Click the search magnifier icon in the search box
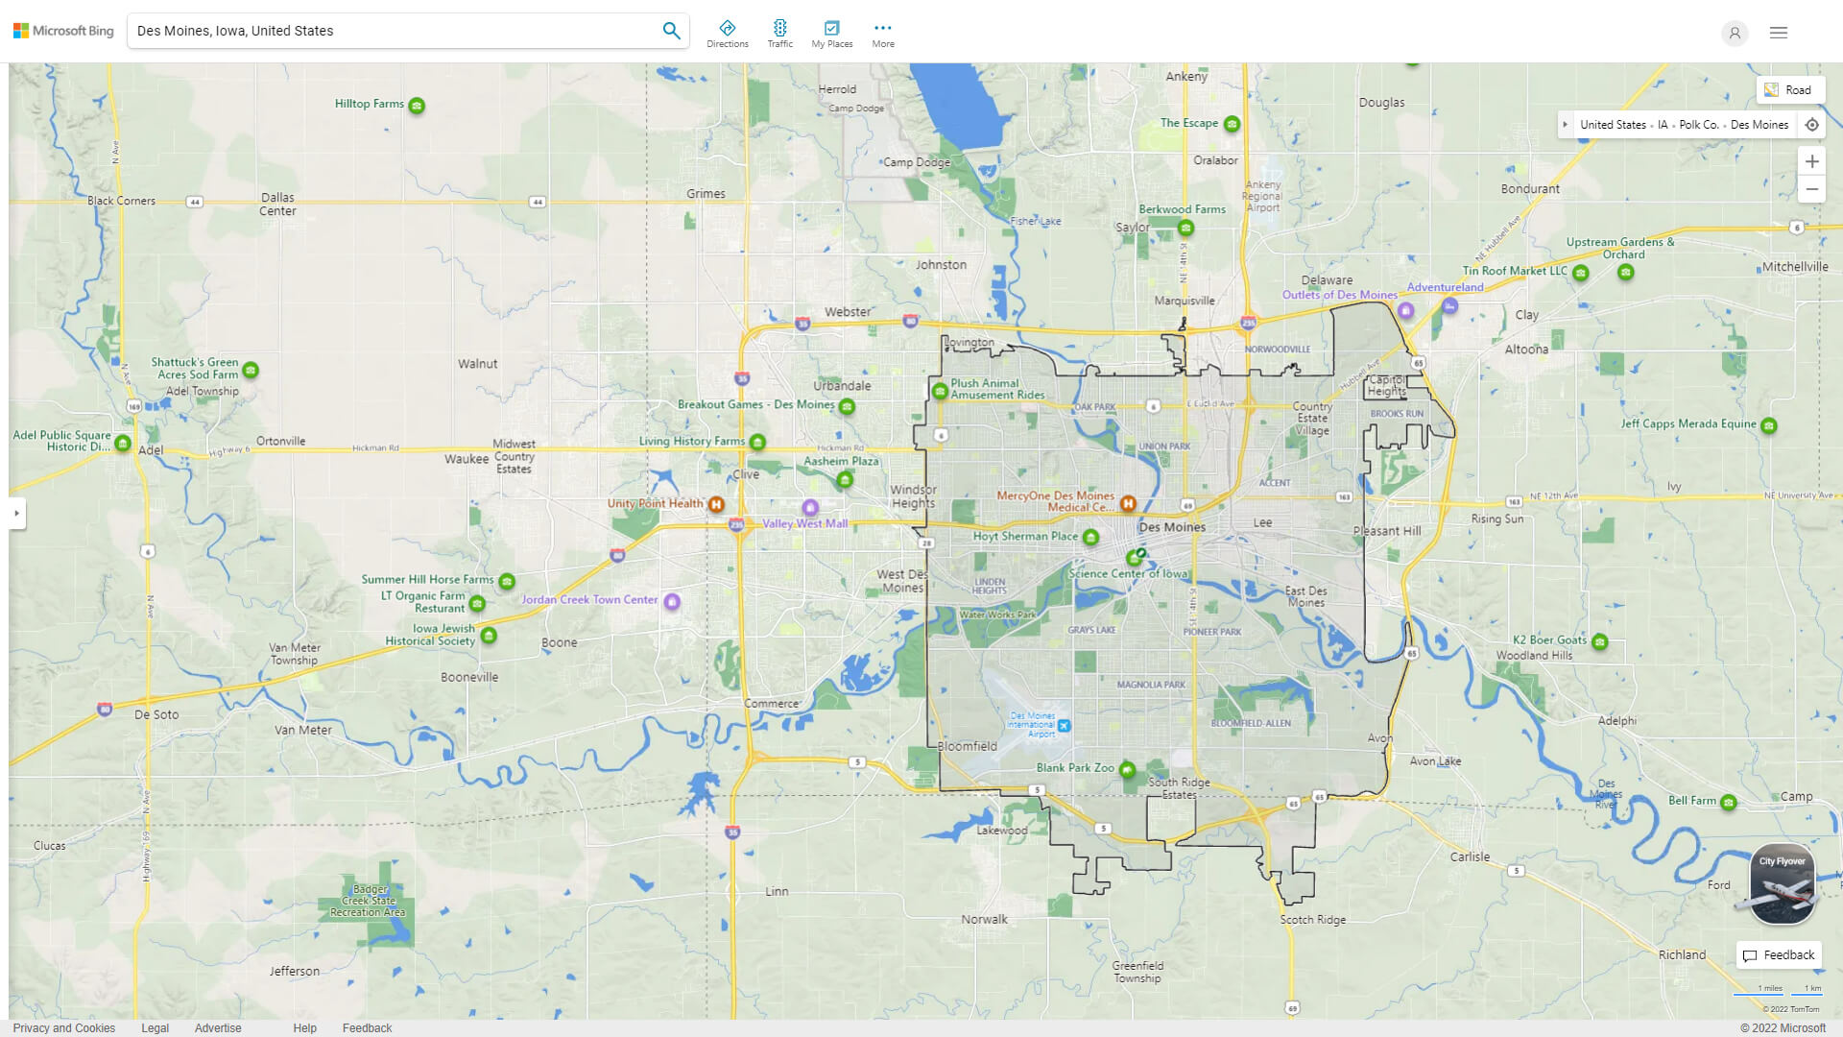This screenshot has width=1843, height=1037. click(671, 31)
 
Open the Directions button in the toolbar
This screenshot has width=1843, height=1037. click(727, 34)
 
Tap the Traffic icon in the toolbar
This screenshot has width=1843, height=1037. click(779, 34)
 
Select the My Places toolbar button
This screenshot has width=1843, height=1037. click(831, 34)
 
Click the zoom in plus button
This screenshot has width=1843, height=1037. click(1811, 161)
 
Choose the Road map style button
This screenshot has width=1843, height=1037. click(1789, 90)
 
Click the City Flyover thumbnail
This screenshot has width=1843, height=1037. click(1782, 884)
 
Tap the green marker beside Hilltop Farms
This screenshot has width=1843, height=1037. click(417, 106)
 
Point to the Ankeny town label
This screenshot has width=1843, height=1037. click(1186, 77)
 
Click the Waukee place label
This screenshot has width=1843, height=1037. click(467, 459)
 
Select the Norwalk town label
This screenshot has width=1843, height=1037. click(984, 919)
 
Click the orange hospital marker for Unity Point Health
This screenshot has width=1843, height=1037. click(716, 504)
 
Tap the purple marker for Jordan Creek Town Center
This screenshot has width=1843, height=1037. click(672, 602)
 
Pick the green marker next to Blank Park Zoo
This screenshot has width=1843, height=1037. click(1128, 769)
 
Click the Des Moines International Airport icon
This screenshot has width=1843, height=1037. click(1064, 726)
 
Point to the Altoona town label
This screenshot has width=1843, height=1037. click(1526, 350)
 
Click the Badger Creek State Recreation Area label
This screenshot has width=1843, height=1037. click(368, 901)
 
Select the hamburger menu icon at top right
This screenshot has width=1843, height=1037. click(1779, 33)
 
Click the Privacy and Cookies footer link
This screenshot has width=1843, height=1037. click(64, 1027)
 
